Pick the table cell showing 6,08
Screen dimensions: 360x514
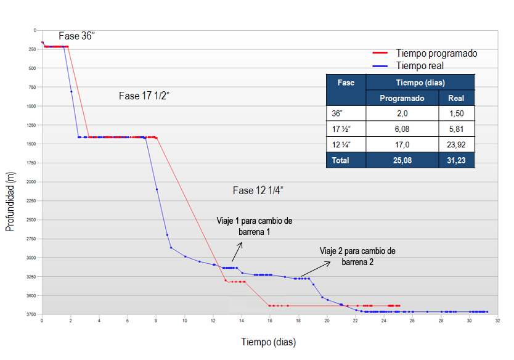tap(402, 129)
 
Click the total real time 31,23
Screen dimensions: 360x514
tap(457, 160)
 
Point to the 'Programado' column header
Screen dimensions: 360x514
tap(402, 98)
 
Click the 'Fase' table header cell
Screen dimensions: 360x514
tap(346, 83)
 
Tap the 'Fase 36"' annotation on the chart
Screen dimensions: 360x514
tap(76, 36)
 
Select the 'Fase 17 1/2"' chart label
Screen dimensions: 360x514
tap(144, 96)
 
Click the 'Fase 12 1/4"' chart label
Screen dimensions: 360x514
tap(258, 190)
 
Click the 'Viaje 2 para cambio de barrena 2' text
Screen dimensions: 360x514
tap(357, 256)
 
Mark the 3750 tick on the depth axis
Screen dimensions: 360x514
tap(31, 315)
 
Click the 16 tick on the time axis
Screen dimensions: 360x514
tap(270, 321)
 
